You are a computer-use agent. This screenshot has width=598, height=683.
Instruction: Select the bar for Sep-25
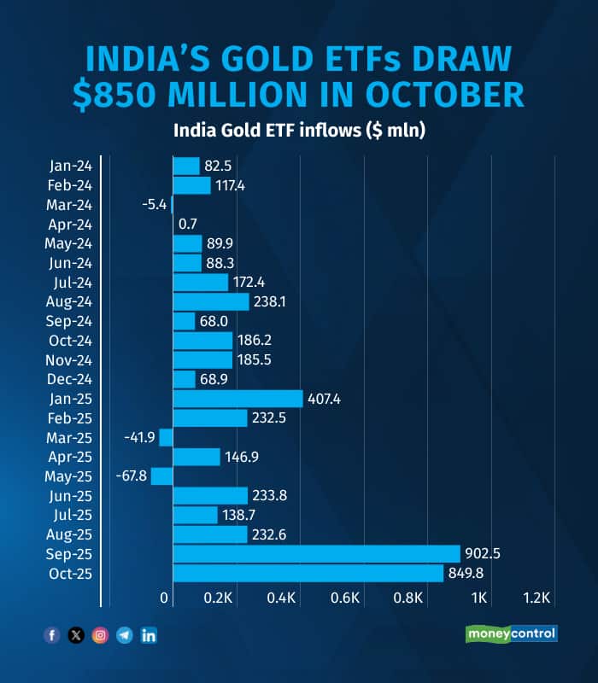point(316,553)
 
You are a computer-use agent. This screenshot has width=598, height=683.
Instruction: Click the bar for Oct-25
point(308,574)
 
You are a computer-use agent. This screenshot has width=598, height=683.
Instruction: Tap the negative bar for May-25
point(161,476)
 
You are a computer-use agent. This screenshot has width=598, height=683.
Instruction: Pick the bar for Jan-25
point(237,399)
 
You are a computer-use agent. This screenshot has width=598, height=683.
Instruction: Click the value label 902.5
point(483,553)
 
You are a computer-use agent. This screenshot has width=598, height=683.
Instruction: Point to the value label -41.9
point(140,437)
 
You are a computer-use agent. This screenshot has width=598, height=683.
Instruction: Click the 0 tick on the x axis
point(165,598)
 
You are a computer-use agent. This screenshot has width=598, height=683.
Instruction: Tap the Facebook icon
point(52,635)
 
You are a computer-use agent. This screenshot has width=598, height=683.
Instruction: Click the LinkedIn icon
point(149,635)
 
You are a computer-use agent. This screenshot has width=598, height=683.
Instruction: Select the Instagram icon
point(100,635)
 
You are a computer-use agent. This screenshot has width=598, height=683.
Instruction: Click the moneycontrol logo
point(511,633)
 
